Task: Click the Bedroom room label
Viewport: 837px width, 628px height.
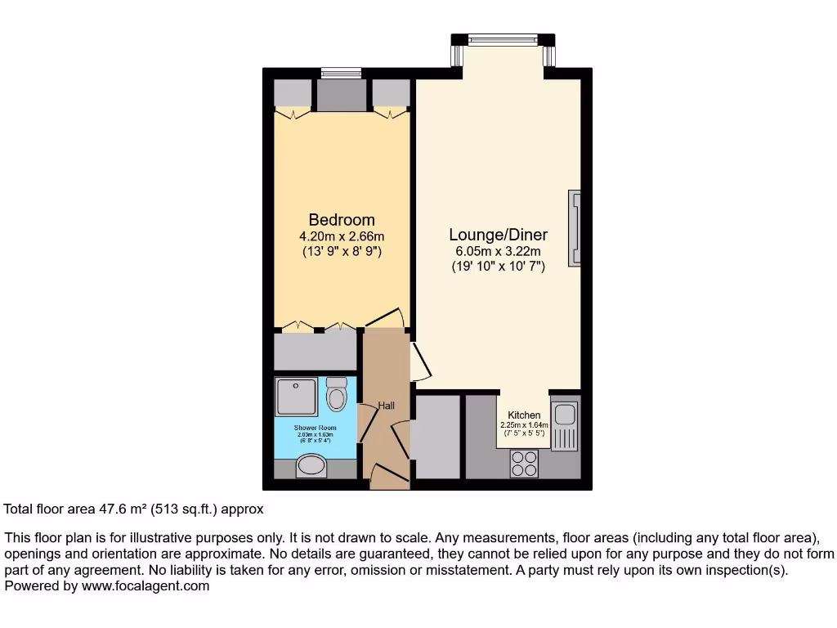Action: pos(342,220)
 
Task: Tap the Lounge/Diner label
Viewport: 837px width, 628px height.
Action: pos(498,235)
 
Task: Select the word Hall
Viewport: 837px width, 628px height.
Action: pos(387,406)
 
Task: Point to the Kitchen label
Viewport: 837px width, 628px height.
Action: pos(524,415)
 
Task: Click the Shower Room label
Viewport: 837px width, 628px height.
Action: pos(316,427)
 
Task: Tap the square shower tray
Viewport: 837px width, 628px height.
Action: pos(294,396)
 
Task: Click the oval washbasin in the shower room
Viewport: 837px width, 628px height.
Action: pos(311,466)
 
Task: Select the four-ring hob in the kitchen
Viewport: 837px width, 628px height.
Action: pos(524,464)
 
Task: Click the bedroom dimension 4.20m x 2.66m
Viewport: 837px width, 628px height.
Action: pos(342,236)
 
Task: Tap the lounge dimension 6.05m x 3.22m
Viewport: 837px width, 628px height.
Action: pos(498,252)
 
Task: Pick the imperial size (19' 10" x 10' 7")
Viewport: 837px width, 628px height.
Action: pos(498,267)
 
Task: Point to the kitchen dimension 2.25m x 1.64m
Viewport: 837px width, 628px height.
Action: pos(524,424)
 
